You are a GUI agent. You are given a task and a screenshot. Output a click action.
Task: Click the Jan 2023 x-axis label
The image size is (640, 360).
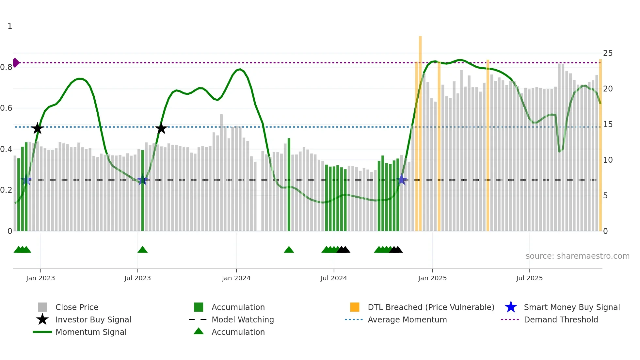40,278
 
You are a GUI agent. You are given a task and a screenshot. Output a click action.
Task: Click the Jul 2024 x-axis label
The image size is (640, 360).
334,278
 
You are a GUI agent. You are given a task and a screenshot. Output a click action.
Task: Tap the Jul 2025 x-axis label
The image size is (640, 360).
529,278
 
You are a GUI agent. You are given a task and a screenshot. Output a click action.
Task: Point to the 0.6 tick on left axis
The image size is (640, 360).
6,108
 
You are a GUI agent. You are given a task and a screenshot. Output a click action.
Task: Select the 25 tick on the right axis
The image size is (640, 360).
608,53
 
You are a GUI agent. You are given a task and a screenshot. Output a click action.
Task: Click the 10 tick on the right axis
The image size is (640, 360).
608,160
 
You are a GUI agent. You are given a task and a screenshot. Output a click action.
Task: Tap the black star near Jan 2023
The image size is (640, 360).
38,128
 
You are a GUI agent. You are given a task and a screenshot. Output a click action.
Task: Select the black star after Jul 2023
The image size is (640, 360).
161,128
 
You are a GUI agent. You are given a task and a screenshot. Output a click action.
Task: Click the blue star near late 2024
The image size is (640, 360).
402,180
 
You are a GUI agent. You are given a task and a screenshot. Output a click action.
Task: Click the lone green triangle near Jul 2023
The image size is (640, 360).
142,250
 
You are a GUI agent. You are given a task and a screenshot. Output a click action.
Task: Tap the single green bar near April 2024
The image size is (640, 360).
289,185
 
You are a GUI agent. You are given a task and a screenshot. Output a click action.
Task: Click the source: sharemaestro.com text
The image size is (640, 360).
577,256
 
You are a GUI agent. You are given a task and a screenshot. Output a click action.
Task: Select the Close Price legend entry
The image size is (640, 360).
76,307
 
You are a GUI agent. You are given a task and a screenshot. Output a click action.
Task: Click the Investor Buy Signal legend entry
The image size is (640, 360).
93,320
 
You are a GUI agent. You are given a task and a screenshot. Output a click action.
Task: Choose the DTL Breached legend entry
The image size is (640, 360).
431,307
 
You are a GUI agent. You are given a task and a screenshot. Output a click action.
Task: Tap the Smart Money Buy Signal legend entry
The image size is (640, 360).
571,307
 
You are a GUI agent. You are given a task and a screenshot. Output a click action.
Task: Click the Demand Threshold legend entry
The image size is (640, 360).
561,320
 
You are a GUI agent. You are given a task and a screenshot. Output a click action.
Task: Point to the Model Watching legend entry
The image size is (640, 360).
242,320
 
